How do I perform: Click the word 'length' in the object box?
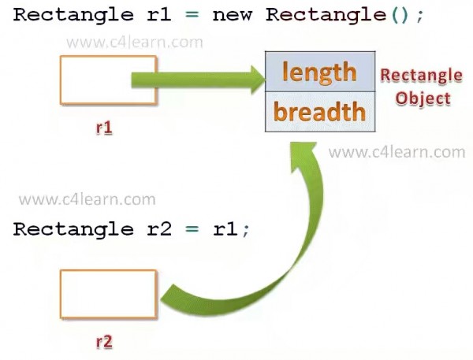point(319,72)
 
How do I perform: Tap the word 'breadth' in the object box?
point(319,112)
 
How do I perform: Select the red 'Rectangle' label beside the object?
point(422,76)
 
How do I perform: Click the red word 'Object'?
point(423,98)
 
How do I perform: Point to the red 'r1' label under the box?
point(104,128)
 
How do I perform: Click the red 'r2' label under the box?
point(104,342)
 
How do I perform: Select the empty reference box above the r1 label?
point(108,80)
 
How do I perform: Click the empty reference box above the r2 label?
point(108,295)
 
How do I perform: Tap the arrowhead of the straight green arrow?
point(258,80)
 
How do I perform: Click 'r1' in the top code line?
point(159,15)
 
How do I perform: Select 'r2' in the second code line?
point(159,229)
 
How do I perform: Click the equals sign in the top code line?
point(192,15)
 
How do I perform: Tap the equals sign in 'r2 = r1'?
point(192,229)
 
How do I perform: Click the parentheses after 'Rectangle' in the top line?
point(400,15)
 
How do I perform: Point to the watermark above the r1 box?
point(135,43)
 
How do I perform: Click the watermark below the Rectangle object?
point(397,152)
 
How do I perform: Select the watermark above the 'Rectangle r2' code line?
point(88,200)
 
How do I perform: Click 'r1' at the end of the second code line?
point(225,229)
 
